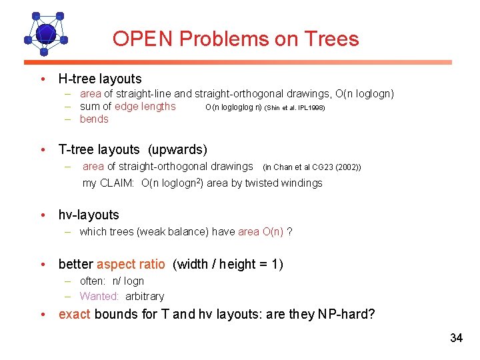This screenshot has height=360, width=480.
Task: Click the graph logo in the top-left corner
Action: tap(45, 33)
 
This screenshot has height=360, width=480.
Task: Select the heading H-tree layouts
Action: tap(100, 79)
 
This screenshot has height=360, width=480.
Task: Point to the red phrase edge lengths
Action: tap(145, 107)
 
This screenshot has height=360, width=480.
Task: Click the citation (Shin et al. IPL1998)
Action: tap(295, 107)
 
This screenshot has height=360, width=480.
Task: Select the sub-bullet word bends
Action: tap(94, 119)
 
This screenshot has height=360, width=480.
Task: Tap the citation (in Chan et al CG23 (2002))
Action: tap(312, 167)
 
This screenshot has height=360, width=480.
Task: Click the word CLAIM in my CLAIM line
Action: tap(118, 183)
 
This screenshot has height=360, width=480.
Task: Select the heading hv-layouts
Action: tap(89, 215)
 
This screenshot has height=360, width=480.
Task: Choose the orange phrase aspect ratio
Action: tap(131, 264)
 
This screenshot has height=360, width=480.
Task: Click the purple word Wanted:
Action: tap(99, 296)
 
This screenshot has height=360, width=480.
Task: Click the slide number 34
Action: tap(456, 338)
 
